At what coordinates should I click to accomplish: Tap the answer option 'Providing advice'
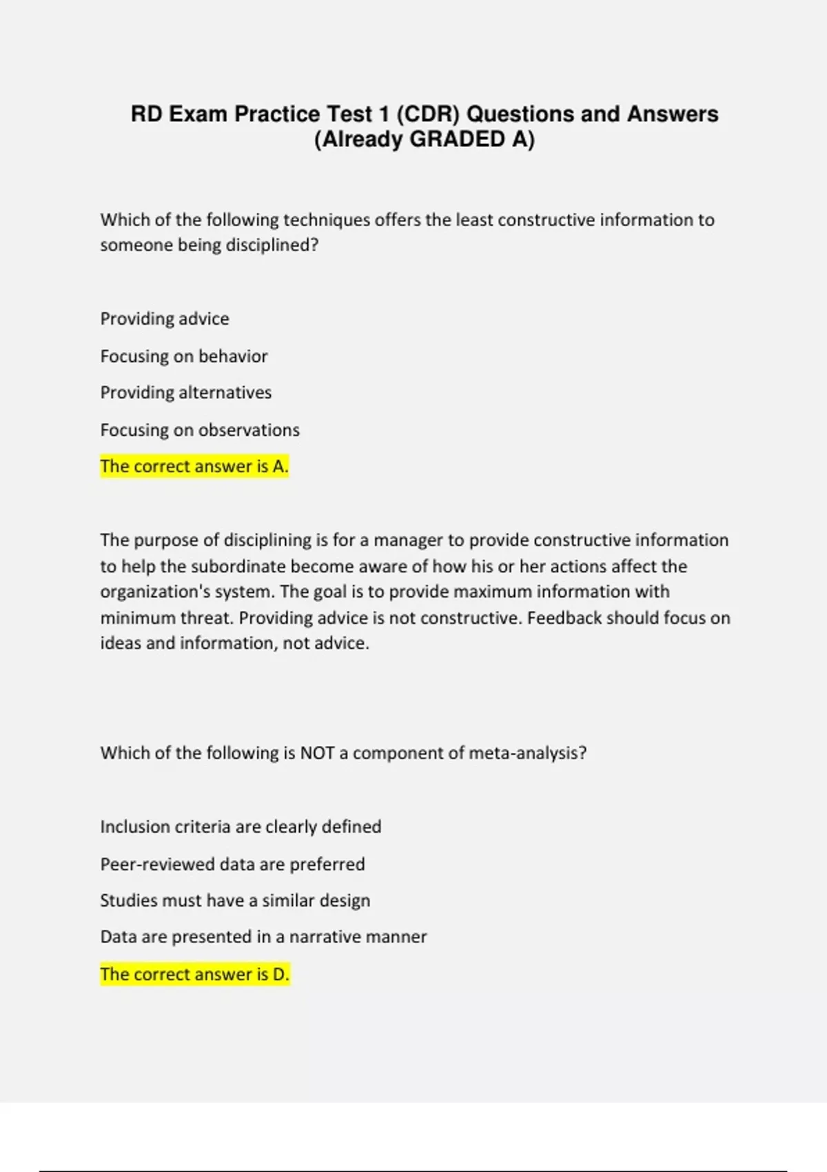point(165,319)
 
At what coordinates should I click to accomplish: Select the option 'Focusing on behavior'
point(184,356)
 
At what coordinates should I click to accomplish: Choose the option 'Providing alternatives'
point(186,392)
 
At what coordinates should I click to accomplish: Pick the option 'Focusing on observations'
point(200,430)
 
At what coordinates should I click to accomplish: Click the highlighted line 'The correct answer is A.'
point(194,467)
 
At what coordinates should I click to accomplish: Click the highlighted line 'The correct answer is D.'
point(195,974)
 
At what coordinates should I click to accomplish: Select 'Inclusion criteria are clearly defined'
point(241,826)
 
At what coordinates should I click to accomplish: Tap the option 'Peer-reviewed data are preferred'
point(232,864)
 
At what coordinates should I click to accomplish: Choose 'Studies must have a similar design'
point(235,900)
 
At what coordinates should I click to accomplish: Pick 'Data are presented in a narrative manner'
point(263,937)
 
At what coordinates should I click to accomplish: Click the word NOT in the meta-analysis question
point(317,753)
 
